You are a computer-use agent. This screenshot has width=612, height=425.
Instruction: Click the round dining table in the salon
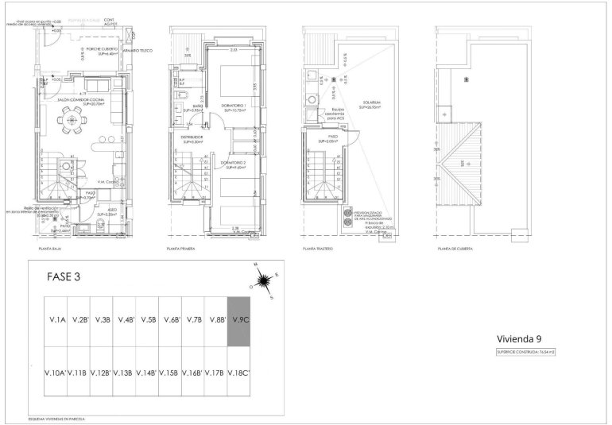[x=73, y=121]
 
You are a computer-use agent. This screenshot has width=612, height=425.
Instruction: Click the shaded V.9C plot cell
[x=239, y=321]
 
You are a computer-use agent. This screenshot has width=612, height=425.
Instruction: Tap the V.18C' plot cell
[x=239, y=373]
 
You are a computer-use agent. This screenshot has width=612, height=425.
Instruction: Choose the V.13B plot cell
[x=124, y=373]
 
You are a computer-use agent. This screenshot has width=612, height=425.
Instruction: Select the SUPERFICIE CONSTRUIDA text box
[x=525, y=351]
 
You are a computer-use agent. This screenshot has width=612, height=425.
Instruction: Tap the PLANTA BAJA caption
[x=40, y=249]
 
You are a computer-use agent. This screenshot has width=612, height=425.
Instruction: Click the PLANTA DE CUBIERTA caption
[x=455, y=249]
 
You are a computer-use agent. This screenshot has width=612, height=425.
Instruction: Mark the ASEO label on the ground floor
[x=102, y=211]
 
